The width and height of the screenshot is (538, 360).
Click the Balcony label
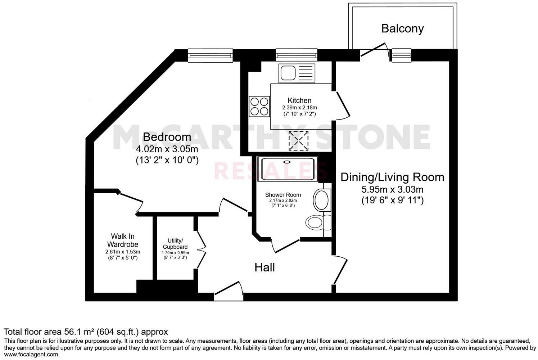[x=402, y=28]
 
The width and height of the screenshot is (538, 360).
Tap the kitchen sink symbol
[x=297, y=73]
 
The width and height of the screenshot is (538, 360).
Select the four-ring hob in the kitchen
[x=259, y=106]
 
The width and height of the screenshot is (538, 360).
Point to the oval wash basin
[x=321, y=200]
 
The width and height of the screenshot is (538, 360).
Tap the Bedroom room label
[x=167, y=137]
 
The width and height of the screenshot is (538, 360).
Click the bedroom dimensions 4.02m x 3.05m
[x=167, y=148]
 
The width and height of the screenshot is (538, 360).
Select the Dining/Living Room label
[x=392, y=177]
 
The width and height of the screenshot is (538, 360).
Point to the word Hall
[x=265, y=267]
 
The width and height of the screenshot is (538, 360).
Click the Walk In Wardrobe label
[x=123, y=240]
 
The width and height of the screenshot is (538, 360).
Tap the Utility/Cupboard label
[x=175, y=244]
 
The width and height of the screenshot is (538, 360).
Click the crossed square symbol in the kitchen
[x=299, y=141]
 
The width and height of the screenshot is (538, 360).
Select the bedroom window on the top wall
[x=210, y=55]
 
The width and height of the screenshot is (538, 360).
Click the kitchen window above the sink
[x=297, y=55]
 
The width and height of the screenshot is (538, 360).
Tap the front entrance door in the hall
[x=229, y=291]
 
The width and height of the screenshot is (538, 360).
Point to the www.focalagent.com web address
[x=31, y=354]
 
